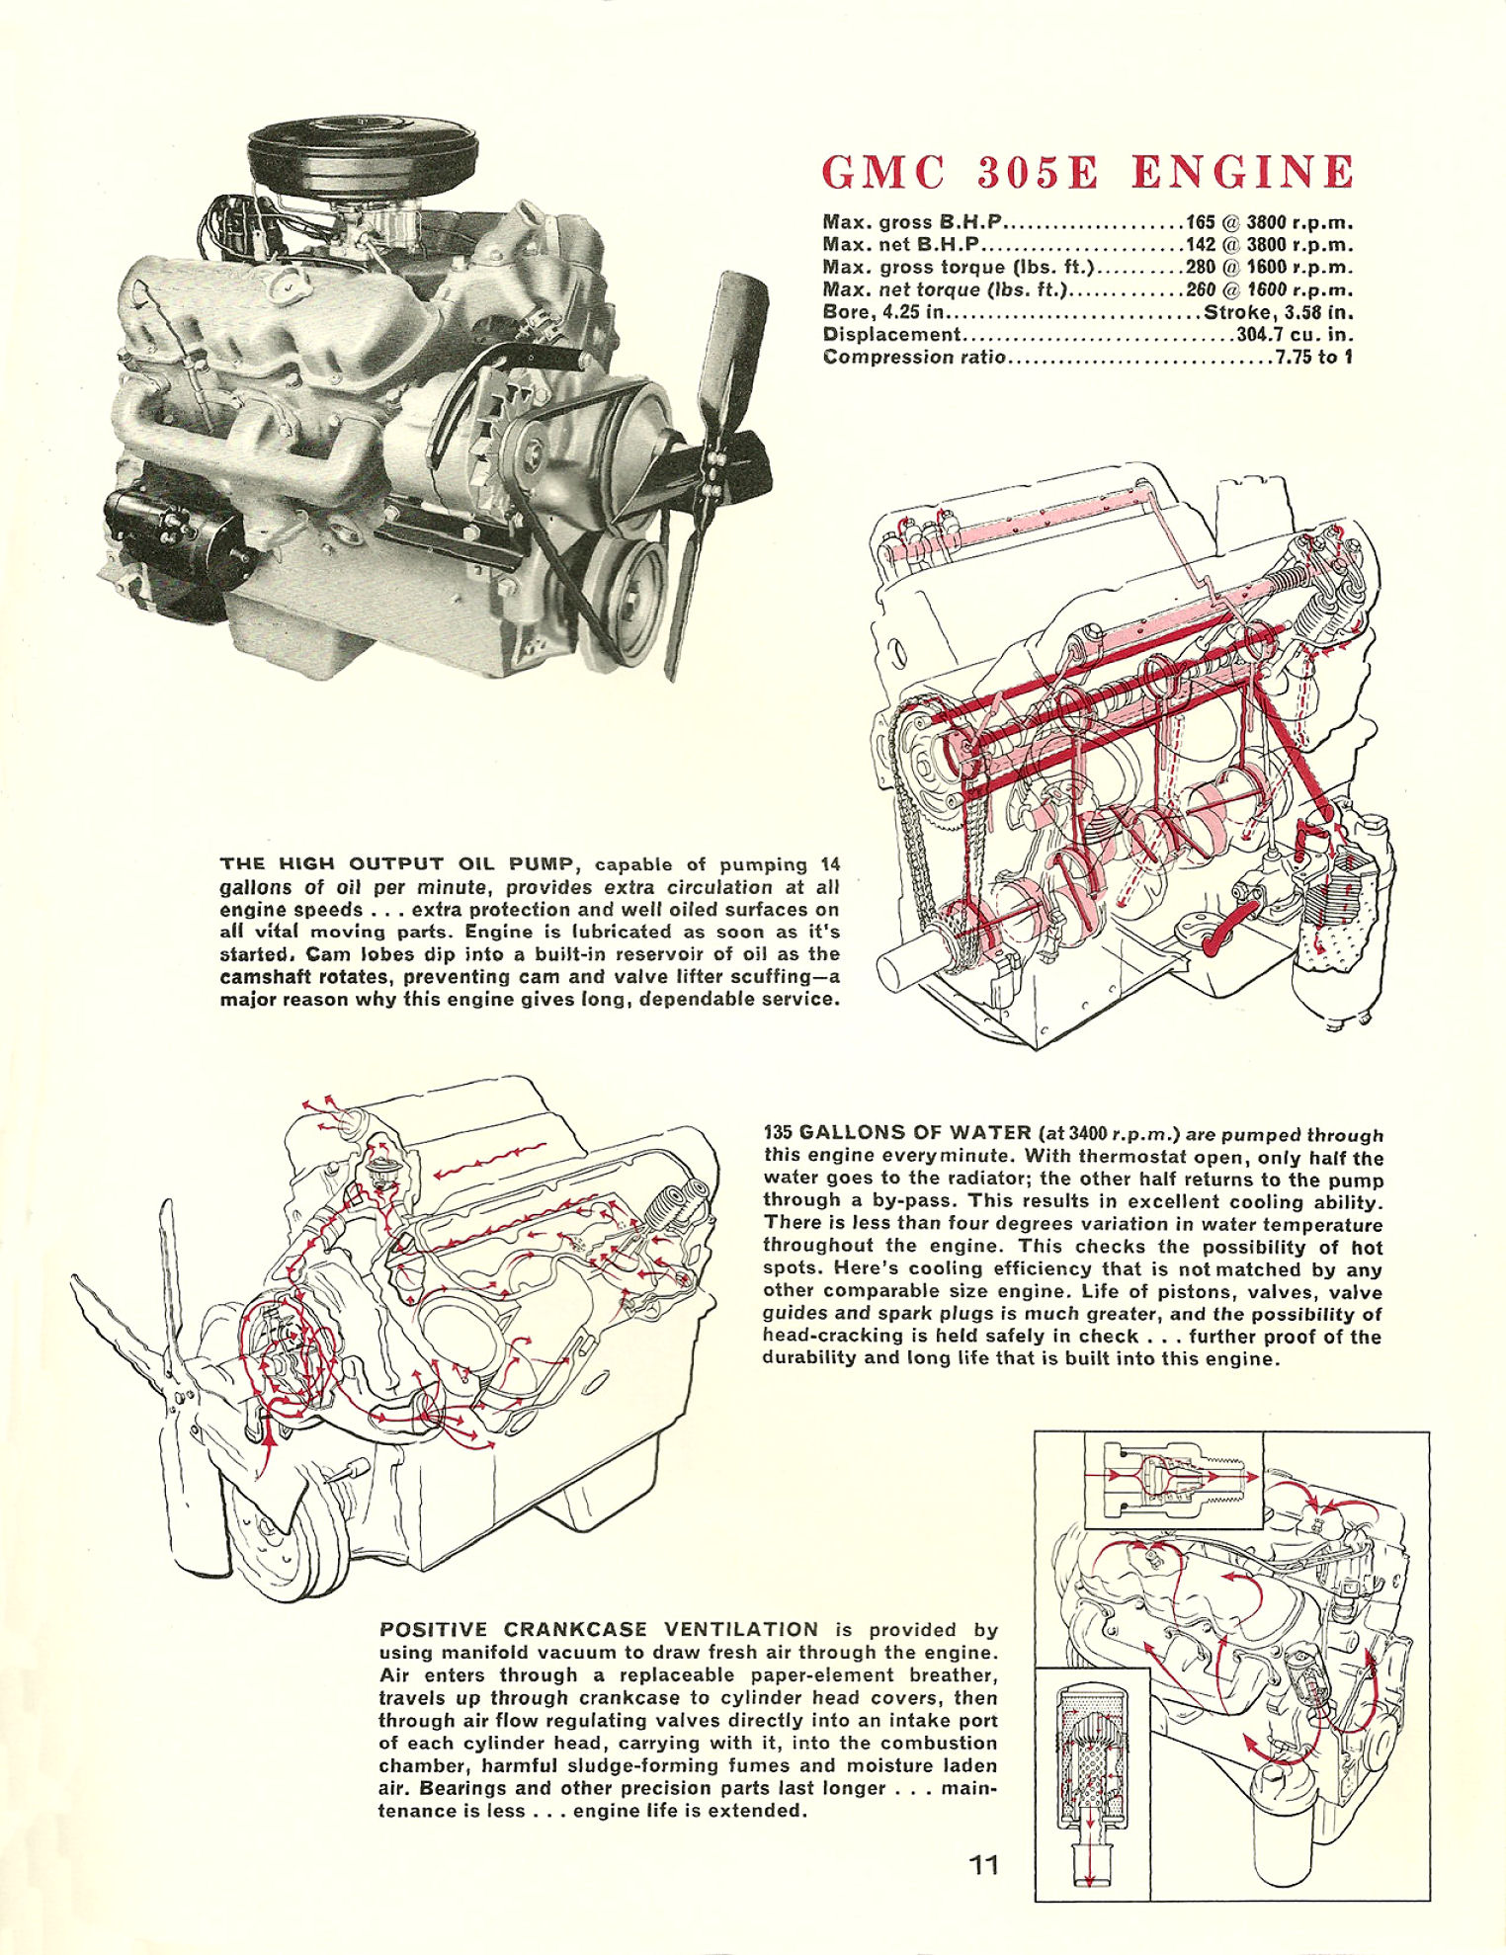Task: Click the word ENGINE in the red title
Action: [1241, 172]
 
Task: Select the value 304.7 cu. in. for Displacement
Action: [1295, 334]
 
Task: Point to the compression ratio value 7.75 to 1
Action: [1313, 357]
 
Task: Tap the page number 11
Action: [983, 1864]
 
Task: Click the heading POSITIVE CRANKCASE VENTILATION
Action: [599, 1629]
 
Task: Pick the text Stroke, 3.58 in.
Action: [1277, 312]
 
